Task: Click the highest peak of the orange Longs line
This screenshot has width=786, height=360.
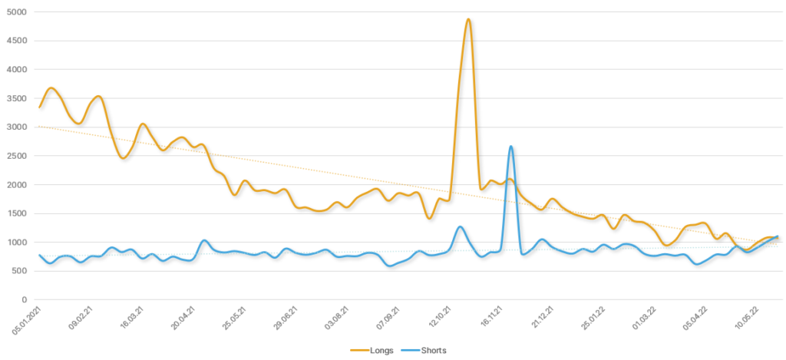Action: pyautogui.click(x=468, y=20)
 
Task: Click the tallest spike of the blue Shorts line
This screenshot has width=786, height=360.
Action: pyautogui.click(x=510, y=147)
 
